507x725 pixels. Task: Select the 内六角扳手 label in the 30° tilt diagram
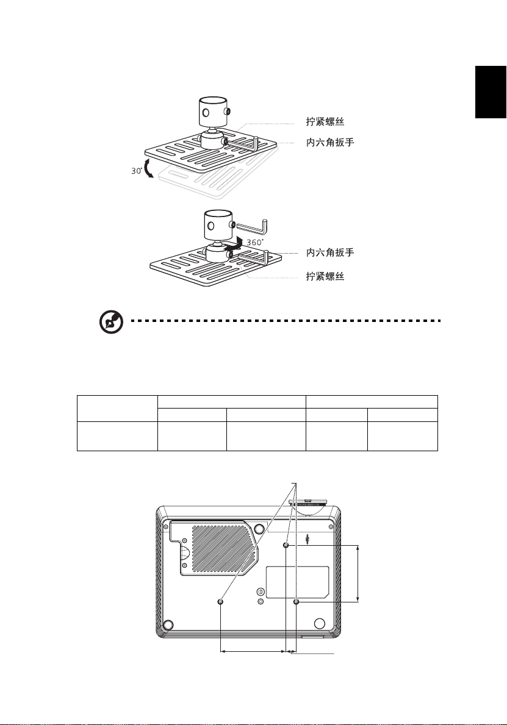pos(330,144)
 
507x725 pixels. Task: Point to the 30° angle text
pos(136,171)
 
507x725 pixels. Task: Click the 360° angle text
pos(255,242)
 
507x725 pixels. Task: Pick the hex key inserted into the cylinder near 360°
pos(253,227)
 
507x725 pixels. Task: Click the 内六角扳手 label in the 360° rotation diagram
pos(330,252)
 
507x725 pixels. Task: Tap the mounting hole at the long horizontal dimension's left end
pos(220,602)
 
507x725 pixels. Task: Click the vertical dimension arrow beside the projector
pos(358,573)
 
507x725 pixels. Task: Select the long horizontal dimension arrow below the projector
pos(253,652)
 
